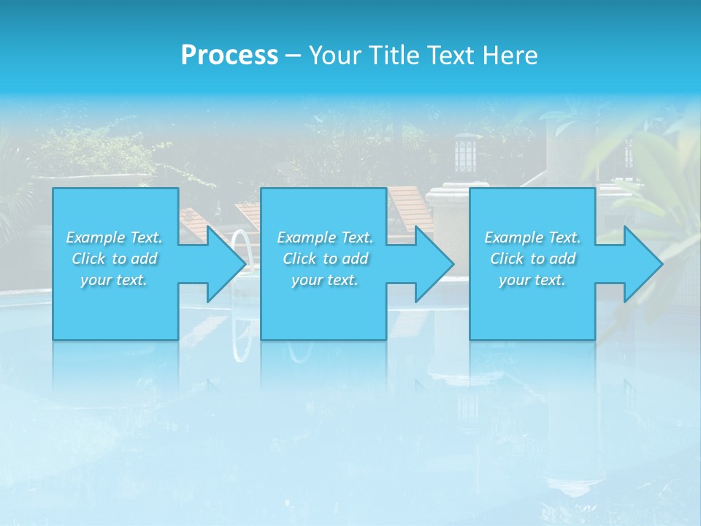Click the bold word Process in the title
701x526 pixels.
point(229,56)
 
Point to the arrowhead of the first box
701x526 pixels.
point(226,264)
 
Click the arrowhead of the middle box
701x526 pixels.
point(434,264)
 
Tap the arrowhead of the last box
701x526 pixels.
point(643,264)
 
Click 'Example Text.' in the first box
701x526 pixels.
point(114,237)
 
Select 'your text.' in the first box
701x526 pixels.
point(114,280)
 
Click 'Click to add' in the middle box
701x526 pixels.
point(325,259)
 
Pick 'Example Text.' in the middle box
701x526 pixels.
point(325,237)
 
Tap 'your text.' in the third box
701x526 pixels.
point(532,280)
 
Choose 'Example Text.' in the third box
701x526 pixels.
point(532,237)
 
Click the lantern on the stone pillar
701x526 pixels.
point(464,153)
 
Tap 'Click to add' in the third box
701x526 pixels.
point(532,259)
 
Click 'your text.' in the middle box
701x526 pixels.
point(325,280)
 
